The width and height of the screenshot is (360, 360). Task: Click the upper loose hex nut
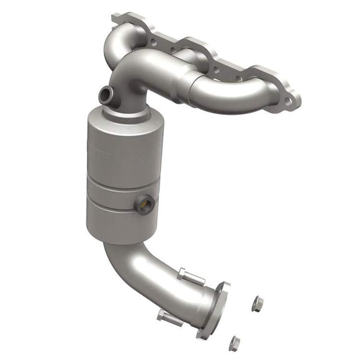[258, 304]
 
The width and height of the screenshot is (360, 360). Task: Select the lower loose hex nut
[234, 341]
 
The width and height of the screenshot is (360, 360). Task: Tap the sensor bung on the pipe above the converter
[107, 95]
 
